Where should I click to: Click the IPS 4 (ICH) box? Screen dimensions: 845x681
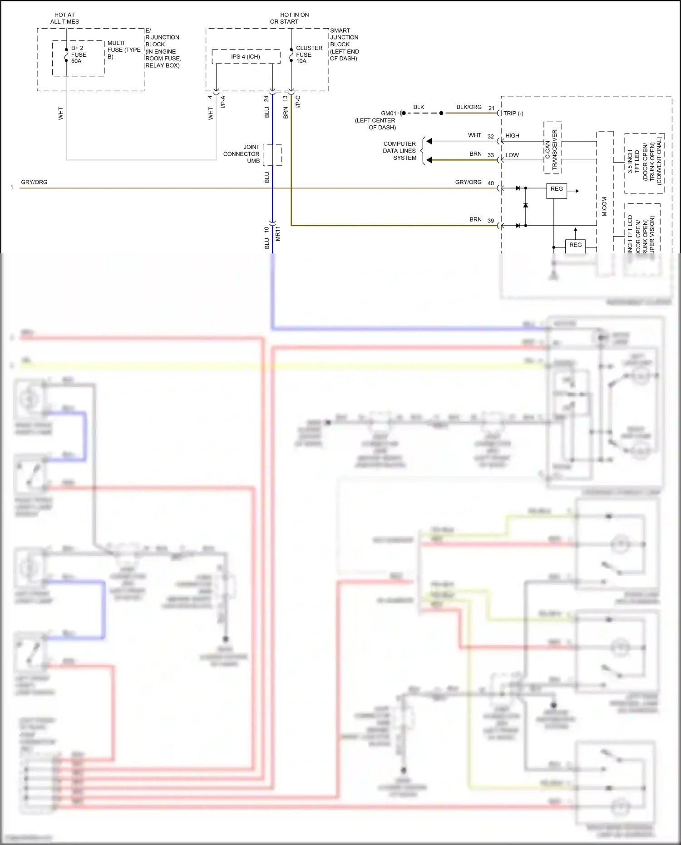246,57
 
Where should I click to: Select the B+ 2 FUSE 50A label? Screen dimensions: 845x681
78,54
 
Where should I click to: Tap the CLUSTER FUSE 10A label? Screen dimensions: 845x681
309,54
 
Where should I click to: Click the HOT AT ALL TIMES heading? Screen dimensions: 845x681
64,18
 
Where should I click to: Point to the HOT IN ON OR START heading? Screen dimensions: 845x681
289,18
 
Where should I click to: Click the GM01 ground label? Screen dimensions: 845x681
389,114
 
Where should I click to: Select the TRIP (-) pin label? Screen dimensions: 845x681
513,114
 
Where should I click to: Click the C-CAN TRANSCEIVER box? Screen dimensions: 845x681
553,148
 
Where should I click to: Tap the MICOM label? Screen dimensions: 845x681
604,207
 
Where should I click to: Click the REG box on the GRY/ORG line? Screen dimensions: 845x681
557,189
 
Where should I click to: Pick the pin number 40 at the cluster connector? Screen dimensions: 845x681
491,183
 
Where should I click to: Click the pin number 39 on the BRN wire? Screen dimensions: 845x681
491,221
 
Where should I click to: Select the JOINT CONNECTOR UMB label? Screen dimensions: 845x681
242,154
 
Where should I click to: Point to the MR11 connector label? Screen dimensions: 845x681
277,233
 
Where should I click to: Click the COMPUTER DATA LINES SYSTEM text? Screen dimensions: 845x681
400,151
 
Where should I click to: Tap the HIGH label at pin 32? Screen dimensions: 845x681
512,136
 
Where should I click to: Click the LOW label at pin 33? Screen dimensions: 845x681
512,155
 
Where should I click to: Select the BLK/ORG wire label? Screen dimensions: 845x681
469,107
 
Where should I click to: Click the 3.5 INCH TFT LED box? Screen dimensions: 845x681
644,163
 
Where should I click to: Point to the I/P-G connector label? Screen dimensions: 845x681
298,102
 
